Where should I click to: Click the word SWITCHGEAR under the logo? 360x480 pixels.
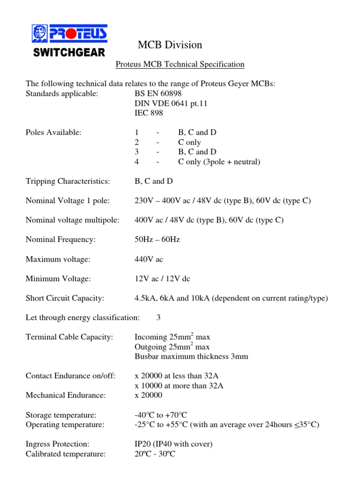pos(69,52)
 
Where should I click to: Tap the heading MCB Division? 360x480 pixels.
pos(170,45)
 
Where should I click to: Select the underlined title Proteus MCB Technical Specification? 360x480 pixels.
pos(180,64)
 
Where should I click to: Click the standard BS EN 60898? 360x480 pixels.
pos(157,93)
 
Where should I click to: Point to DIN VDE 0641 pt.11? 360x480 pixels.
pos(171,103)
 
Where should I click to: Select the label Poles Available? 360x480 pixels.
pos(53,133)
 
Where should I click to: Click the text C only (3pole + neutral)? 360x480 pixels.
pos(219,162)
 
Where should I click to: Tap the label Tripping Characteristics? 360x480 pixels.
pos(67,181)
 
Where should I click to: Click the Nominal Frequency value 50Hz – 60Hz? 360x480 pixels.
pos(157,240)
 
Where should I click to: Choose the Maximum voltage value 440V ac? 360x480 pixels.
pos(149,259)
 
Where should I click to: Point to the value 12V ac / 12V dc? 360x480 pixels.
pos(162,279)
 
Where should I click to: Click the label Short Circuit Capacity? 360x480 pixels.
pos(65,299)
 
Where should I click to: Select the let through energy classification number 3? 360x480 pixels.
pos(158,318)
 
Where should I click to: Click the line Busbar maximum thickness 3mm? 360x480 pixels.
pos(191,357)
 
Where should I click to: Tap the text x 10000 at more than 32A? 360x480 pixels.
pos(179,386)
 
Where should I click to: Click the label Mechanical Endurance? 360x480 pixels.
pos(66,396)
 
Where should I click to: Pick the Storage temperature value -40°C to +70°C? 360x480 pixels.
pos(160,415)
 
